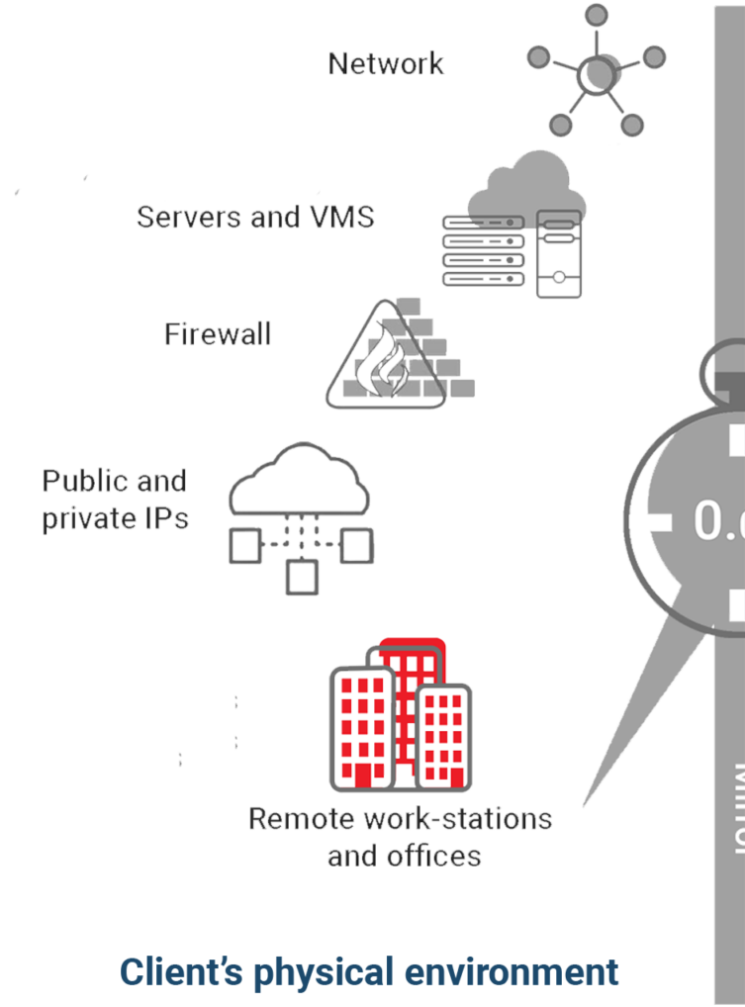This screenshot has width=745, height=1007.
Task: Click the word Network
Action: [386, 64]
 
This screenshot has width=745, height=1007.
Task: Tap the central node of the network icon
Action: [596, 71]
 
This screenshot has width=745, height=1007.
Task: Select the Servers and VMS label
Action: [255, 216]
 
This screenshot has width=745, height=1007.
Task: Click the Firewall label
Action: [218, 333]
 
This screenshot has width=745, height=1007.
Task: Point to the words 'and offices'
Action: [404, 855]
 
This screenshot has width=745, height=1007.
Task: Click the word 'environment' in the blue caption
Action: [515, 971]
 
